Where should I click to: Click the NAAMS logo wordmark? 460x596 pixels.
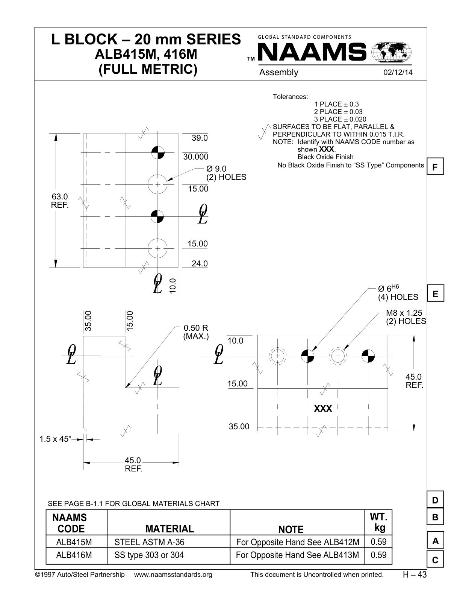pyautogui.click(x=312, y=52)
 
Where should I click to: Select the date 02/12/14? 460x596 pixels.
pyautogui.click(x=398, y=72)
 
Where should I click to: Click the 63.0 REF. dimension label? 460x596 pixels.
pyautogui.click(x=60, y=201)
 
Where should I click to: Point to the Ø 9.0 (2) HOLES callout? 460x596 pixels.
pyautogui.click(x=226, y=173)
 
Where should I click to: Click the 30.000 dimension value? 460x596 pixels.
pyautogui.click(x=196, y=157)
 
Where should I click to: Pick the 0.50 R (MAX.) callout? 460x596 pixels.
pyautogui.click(x=196, y=332)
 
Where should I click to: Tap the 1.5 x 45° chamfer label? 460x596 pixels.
pyautogui.click(x=55, y=439)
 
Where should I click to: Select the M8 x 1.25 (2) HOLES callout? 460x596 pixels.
pyautogui.click(x=406, y=317)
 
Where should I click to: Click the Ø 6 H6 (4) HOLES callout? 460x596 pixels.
pyautogui.click(x=398, y=293)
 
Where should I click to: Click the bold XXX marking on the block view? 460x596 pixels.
pyautogui.click(x=323, y=409)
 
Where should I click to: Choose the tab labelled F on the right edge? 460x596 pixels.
pyautogui.click(x=435, y=166)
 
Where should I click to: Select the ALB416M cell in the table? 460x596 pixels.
pyautogui.click(x=74, y=555)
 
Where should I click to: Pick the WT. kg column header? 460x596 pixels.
pyautogui.click(x=378, y=522)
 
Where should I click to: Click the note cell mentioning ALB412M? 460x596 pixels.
pyautogui.click(x=297, y=542)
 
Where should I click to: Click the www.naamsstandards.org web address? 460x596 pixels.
pyautogui.click(x=173, y=574)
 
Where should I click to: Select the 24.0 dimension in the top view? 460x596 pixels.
pyautogui.click(x=200, y=264)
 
